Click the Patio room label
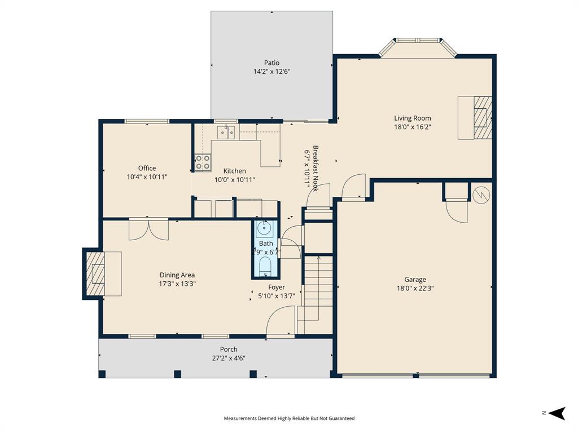(x=272, y=63)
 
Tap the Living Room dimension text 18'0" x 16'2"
(x=412, y=127)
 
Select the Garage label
(x=415, y=279)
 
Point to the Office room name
(x=147, y=168)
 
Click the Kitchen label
(x=234, y=171)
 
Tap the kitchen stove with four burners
(x=203, y=162)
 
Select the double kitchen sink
(x=226, y=132)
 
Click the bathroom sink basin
(x=265, y=229)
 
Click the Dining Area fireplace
(x=95, y=273)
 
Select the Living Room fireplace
(x=481, y=117)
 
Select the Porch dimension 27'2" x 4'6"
(x=229, y=357)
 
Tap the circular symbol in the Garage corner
(x=481, y=195)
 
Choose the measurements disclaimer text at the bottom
(x=289, y=418)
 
